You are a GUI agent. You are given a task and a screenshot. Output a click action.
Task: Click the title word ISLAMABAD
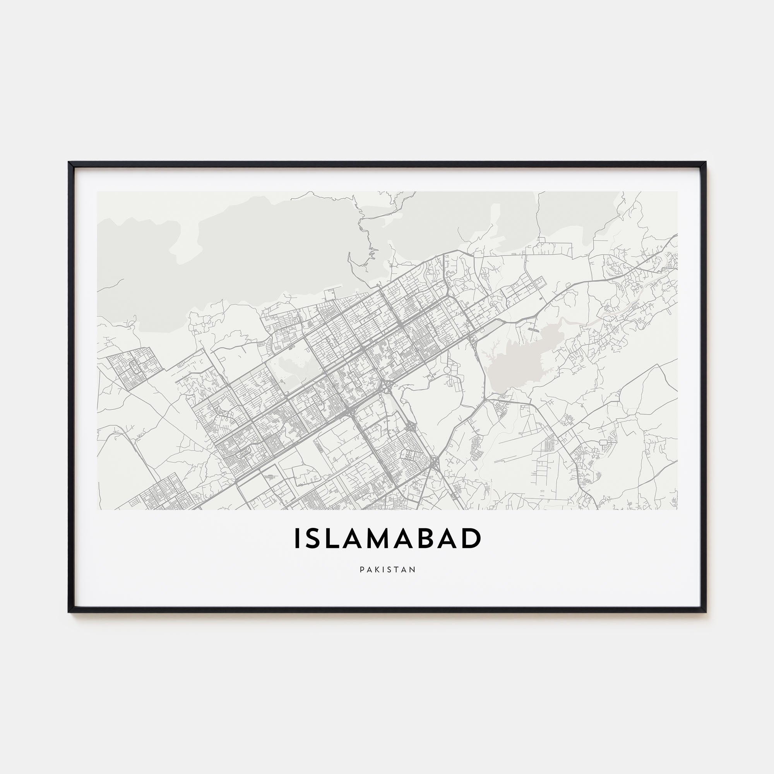point(387,538)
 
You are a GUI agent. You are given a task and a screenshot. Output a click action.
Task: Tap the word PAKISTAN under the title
point(387,569)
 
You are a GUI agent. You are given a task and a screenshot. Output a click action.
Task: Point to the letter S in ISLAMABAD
point(314,538)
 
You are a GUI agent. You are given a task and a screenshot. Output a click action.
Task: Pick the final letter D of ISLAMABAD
point(471,538)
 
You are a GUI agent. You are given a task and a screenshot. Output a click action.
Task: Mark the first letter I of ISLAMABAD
point(297,538)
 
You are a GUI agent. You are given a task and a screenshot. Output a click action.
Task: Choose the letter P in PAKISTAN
point(362,569)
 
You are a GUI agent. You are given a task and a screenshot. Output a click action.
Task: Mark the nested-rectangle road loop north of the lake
point(545,242)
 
